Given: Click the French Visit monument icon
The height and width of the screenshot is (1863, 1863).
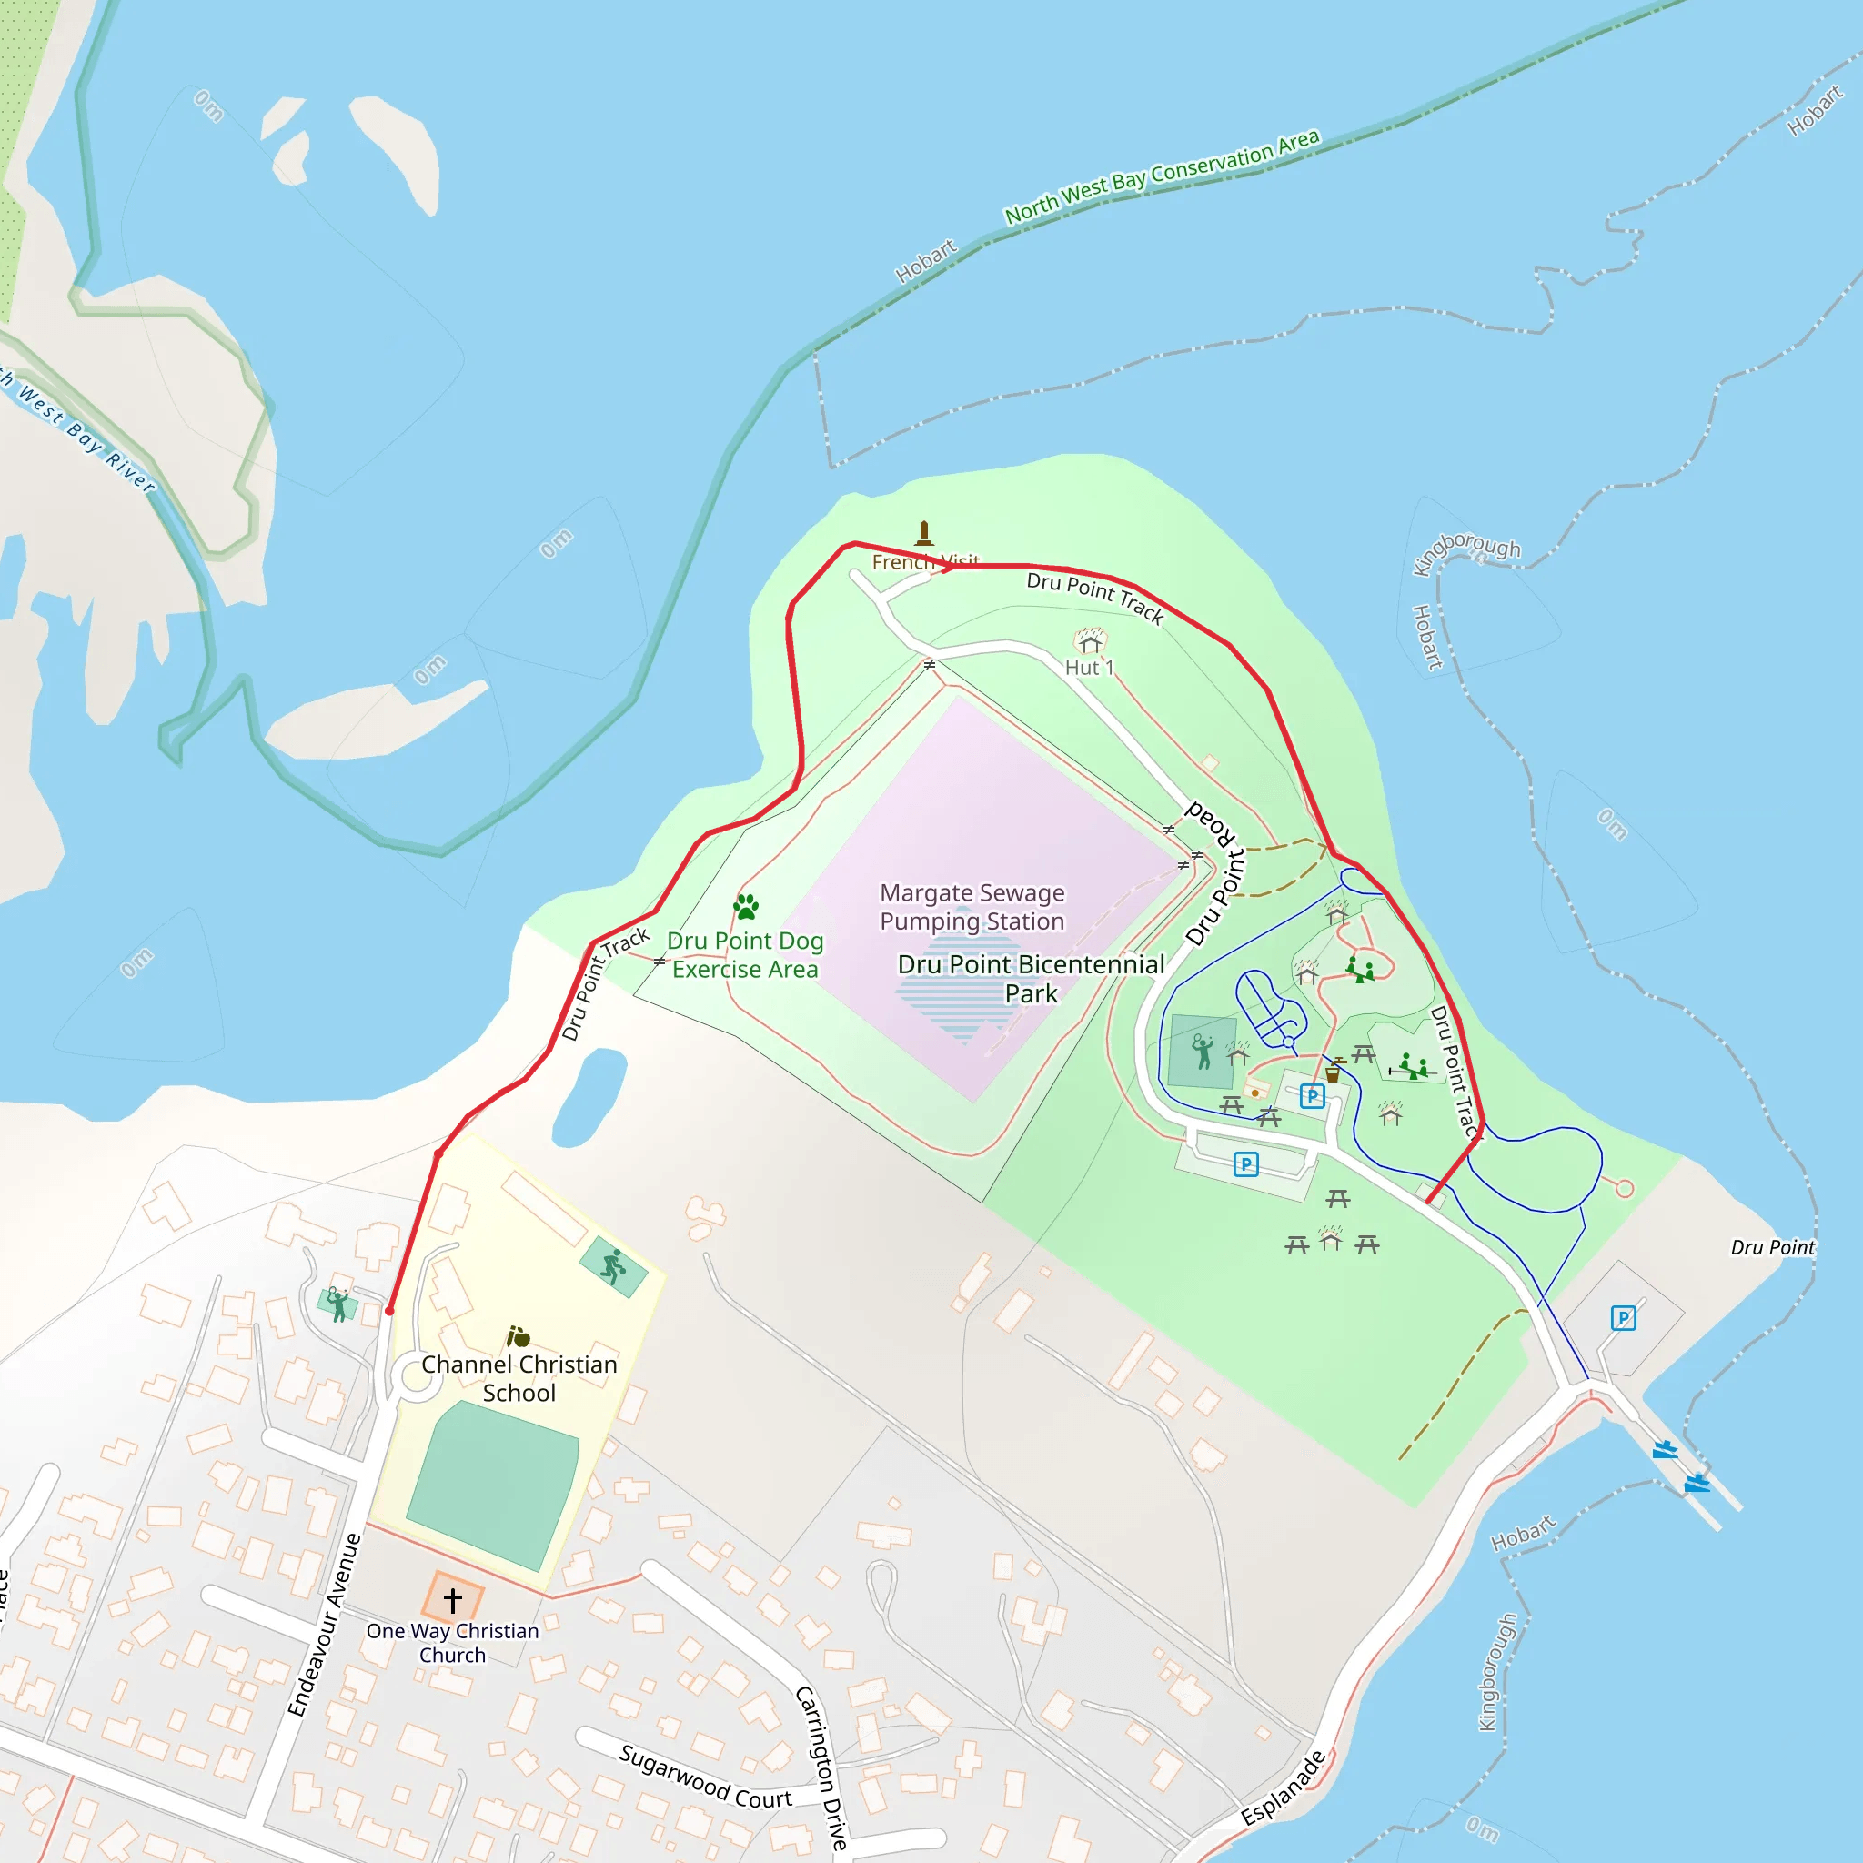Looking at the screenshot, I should pyautogui.click(x=924, y=532).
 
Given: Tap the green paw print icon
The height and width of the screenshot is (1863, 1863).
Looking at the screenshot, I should pyautogui.click(x=745, y=906).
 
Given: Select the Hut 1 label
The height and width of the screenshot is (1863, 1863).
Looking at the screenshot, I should pyautogui.click(x=1089, y=668).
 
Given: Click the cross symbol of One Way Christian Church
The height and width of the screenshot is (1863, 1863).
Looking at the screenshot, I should pyautogui.click(x=452, y=1600).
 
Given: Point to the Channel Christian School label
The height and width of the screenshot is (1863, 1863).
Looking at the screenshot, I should pyautogui.click(x=519, y=1378).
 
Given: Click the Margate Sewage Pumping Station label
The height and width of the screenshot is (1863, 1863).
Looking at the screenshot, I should pyautogui.click(x=972, y=906).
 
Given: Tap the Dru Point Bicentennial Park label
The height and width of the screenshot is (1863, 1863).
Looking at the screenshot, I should pyautogui.click(x=1031, y=978).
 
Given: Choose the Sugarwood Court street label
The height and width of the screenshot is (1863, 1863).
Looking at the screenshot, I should pyautogui.click(x=705, y=1777).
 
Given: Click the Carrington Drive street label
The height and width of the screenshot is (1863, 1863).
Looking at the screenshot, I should pyautogui.click(x=822, y=1767).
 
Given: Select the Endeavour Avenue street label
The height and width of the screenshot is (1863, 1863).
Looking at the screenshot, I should pyautogui.click(x=324, y=1625).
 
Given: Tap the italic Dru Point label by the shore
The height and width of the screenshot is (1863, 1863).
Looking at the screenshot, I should pyautogui.click(x=1771, y=1247).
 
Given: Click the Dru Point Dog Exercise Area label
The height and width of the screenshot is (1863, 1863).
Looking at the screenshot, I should pyautogui.click(x=744, y=954).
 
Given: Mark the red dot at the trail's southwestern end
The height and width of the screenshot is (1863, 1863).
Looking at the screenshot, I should pyautogui.click(x=389, y=1311).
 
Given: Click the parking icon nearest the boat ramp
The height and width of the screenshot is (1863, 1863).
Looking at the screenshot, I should pyautogui.click(x=1623, y=1317).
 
